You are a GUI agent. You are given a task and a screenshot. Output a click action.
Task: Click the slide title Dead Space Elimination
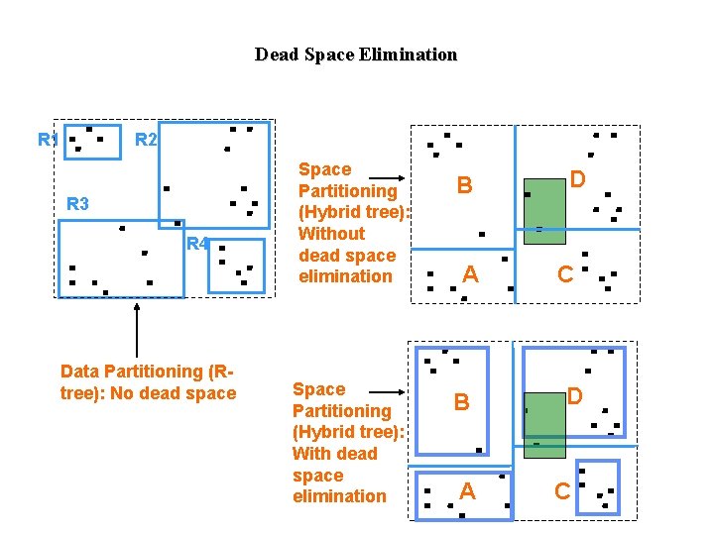tap(356, 54)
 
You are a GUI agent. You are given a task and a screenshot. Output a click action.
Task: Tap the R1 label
tap(47, 140)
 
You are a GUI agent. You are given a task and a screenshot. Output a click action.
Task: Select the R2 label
tap(145, 140)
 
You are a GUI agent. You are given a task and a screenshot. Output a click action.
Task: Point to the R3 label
tap(77, 205)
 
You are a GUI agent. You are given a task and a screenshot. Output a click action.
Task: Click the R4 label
tap(196, 244)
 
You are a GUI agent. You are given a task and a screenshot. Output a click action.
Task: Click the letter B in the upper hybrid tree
tap(463, 184)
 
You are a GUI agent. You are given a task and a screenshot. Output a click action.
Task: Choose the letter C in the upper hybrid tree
tap(564, 274)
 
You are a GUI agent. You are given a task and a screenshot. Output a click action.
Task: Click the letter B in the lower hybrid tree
tap(461, 402)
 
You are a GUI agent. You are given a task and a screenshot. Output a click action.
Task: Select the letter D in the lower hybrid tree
tap(575, 396)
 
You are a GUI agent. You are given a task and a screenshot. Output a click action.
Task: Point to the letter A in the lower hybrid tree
tap(467, 490)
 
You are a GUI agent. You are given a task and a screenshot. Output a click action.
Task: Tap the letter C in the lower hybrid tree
tap(561, 490)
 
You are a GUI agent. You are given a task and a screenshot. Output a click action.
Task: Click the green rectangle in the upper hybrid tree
tap(544, 210)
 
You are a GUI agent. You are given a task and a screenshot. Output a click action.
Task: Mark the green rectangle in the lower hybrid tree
tap(544, 425)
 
